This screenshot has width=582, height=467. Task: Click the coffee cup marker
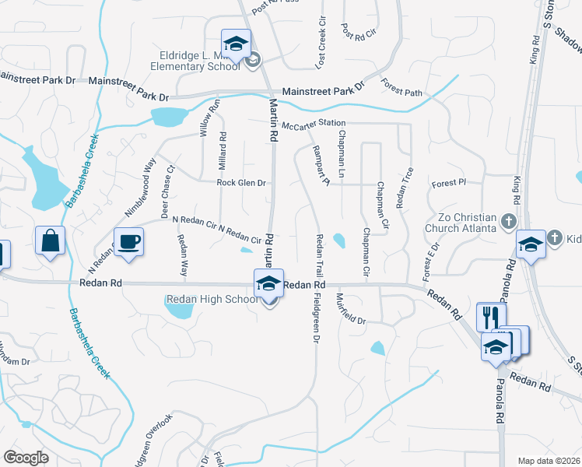(x=128, y=241)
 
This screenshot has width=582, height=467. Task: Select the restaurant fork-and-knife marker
(x=490, y=317)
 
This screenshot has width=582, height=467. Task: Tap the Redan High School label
(x=211, y=300)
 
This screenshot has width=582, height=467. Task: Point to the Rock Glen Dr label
(x=241, y=183)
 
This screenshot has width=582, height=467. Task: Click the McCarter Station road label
(x=314, y=125)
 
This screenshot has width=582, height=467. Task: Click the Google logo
(x=26, y=458)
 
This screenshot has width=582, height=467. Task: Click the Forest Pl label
(x=447, y=184)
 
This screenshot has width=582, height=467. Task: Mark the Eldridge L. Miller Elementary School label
(x=191, y=60)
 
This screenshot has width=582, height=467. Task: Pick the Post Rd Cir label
(x=358, y=31)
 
